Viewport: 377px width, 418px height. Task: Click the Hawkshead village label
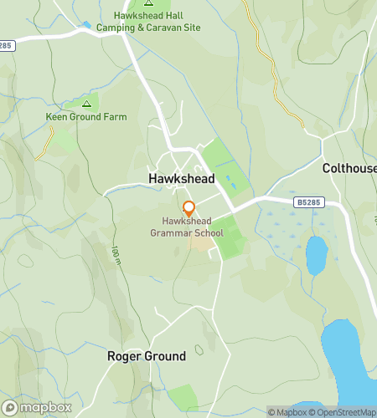pos(181,179)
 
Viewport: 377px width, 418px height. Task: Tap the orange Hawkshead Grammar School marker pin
pos(189,207)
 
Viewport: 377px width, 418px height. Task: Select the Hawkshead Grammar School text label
pos(188,227)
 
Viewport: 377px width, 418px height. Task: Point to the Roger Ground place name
pos(147,356)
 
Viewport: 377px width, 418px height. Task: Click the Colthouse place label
pos(349,168)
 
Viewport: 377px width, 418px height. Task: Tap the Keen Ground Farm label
pos(86,117)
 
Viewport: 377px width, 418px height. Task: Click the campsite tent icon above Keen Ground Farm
pos(86,104)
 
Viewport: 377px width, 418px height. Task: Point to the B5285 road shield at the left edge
pos(7,44)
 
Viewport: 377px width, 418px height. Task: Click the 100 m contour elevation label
pos(116,251)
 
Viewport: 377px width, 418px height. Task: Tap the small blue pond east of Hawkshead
pos(316,254)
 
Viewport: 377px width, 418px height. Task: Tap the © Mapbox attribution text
pos(287,411)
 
